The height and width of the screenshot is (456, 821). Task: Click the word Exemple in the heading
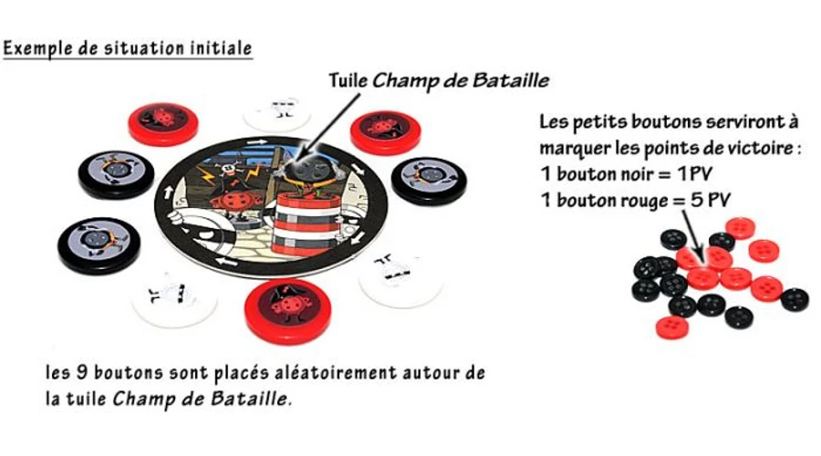point(37,48)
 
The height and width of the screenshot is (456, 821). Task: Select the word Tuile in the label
point(348,80)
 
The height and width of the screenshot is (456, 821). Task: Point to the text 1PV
point(695,174)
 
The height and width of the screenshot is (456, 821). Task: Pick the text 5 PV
point(710,200)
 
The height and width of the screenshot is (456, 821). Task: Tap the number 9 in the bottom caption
point(82,373)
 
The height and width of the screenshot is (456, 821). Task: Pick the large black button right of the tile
point(429,181)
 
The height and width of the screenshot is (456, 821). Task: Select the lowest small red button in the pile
point(672,327)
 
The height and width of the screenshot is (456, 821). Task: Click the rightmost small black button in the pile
point(795,299)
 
